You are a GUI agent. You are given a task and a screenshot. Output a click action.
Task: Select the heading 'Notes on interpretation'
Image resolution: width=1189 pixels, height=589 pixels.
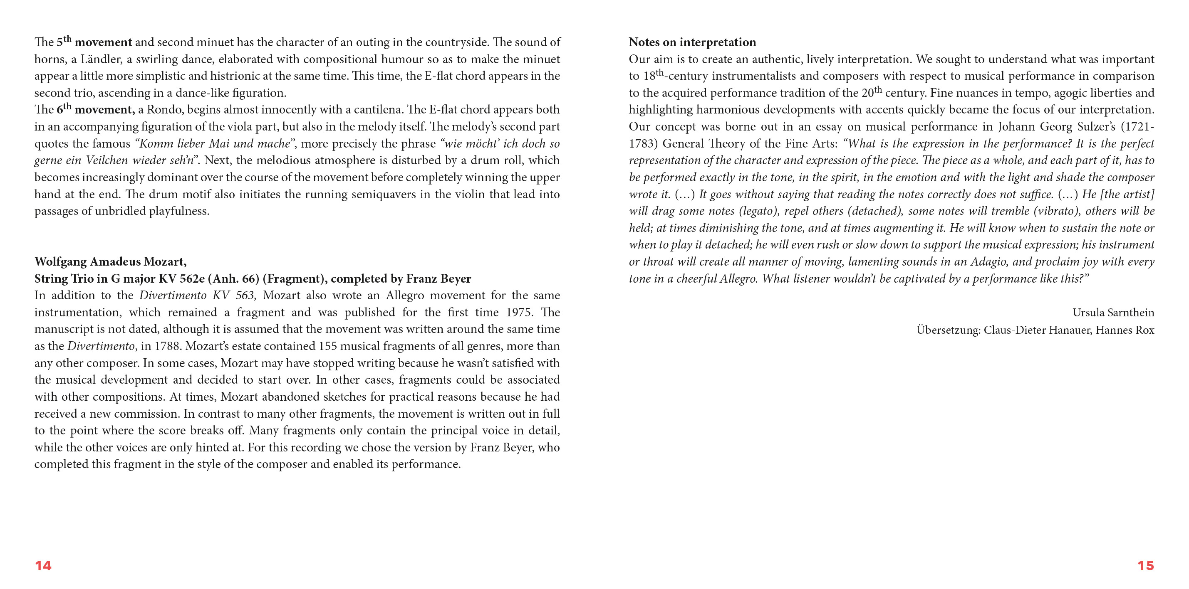point(692,42)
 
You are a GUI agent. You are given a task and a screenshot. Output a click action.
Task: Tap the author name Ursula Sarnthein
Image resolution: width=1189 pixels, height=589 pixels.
point(1113,313)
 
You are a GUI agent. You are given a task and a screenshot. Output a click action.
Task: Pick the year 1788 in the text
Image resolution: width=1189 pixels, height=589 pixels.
point(167,346)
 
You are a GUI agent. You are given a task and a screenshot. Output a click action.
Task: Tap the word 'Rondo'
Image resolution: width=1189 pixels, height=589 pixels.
point(165,110)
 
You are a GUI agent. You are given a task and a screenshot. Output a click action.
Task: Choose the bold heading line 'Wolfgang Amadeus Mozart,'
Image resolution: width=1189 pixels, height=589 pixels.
point(110,262)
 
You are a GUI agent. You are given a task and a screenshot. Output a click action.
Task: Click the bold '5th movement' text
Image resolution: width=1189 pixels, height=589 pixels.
point(94,42)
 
